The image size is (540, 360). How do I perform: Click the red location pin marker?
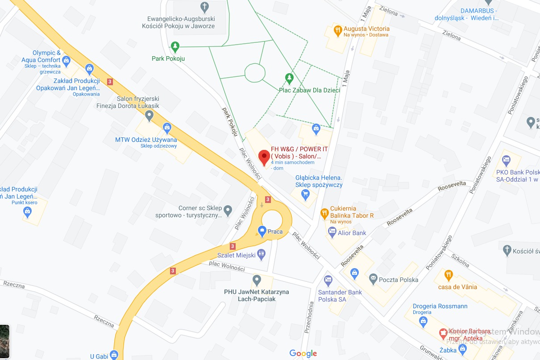click(x=264, y=157)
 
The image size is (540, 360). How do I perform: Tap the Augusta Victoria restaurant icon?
click(x=338, y=31)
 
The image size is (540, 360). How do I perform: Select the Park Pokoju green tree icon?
click(x=175, y=46)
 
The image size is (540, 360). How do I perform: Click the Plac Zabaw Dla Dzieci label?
click(x=309, y=90)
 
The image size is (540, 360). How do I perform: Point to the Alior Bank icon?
click(x=332, y=232)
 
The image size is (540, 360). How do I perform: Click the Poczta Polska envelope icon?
click(x=373, y=279)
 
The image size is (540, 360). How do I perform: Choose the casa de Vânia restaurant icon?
click(x=449, y=274)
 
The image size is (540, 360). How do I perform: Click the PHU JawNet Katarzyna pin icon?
click(x=256, y=281)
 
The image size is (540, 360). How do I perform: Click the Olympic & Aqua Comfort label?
click(x=41, y=56)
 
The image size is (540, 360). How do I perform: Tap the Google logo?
click(x=303, y=353)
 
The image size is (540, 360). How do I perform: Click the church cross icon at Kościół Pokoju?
click(x=204, y=7)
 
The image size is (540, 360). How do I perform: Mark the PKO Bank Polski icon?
click(x=506, y=159)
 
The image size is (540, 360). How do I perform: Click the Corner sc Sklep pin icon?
click(x=228, y=209)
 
